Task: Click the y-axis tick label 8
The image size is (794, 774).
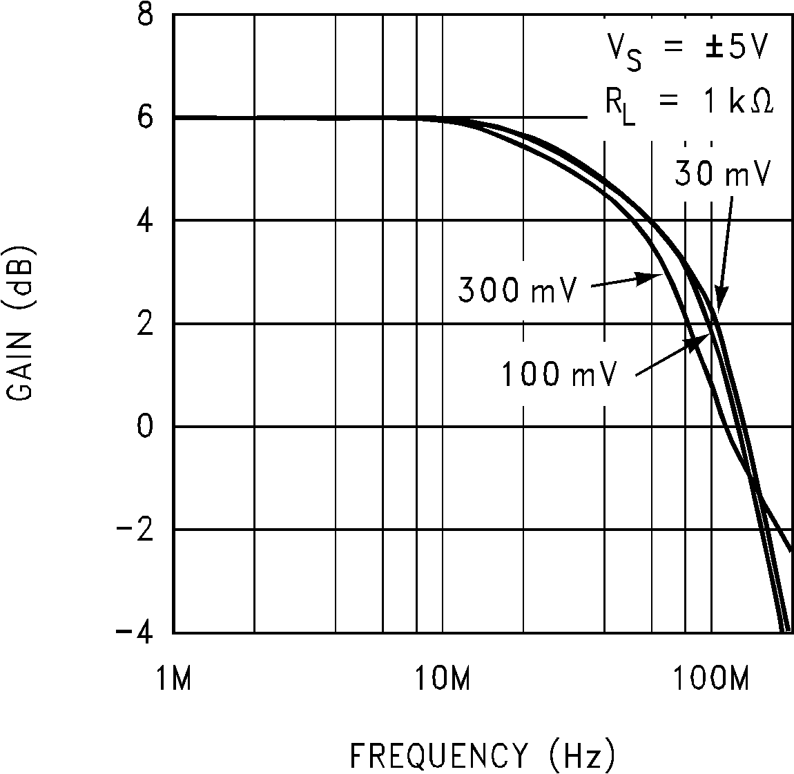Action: point(146,16)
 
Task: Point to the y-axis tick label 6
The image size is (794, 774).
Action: point(146,118)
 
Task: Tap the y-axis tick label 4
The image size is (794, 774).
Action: point(146,221)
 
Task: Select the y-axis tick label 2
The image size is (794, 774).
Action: point(146,324)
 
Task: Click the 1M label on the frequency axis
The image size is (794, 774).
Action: point(172,679)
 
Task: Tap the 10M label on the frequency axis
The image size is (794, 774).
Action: point(442,679)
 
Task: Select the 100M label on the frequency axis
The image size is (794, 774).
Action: point(711,679)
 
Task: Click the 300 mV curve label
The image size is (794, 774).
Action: point(516,290)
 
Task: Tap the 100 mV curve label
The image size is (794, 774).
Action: point(558,374)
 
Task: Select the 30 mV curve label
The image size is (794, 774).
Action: point(721,175)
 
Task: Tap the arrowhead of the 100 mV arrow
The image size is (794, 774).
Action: point(707,333)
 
